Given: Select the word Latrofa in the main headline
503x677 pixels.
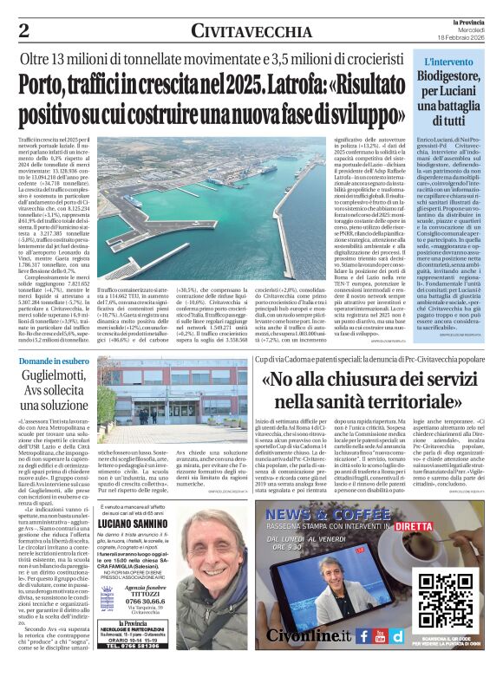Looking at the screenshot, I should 298,88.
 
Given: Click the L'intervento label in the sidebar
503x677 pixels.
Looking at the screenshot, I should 447,62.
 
